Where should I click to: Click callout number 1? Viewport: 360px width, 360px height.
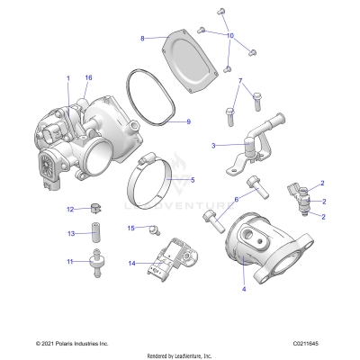(67, 79)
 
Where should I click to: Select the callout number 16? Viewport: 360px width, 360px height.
(88, 78)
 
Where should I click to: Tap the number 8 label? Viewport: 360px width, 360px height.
(142, 38)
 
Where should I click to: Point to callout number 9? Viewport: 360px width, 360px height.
(188, 121)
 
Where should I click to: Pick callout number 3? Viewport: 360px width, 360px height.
(212, 144)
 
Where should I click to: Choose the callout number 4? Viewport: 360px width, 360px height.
(244, 290)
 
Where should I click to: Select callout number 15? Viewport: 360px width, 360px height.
(130, 229)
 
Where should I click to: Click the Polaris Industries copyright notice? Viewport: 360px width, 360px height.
(72, 343)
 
